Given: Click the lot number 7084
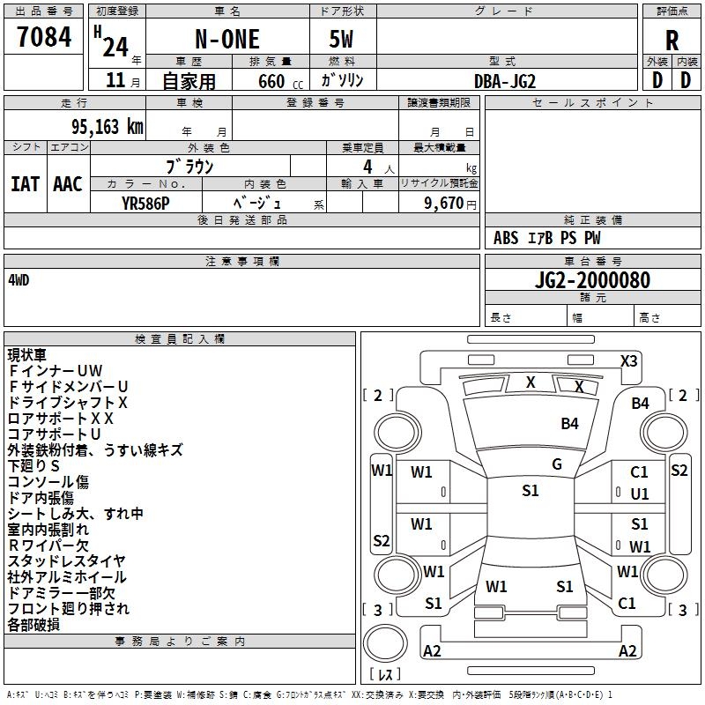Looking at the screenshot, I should point(44,37).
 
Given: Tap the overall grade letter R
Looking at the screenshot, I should point(672,41).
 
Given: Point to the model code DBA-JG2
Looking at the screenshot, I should point(505,81).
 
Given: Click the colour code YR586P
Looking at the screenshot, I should point(147,203).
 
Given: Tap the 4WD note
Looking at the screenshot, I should point(19,280).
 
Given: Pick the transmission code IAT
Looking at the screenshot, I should point(25,184).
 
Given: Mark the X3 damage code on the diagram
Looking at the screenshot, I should point(628,361).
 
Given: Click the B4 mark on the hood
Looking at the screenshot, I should point(570,424).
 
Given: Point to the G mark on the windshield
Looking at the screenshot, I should point(556,464).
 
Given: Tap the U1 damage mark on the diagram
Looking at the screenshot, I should point(640,494).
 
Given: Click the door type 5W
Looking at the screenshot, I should point(342,40).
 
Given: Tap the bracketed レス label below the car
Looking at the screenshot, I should point(385,675).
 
